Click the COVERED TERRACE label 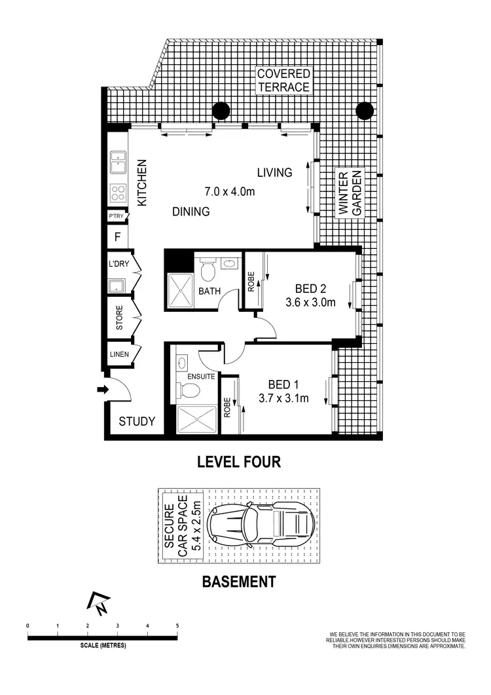tap(283, 80)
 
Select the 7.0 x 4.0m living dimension tap(229, 192)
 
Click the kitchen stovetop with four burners tap(118, 193)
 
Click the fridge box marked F tap(117, 237)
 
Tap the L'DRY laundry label tap(119, 265)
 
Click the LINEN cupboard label tap(119, 355)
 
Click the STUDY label tap(137, 421)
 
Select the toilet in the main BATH tap(208, 269)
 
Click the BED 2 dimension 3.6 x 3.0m tap(310, 302)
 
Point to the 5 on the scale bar tap(177, 626)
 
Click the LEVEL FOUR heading tap(239, 462)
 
